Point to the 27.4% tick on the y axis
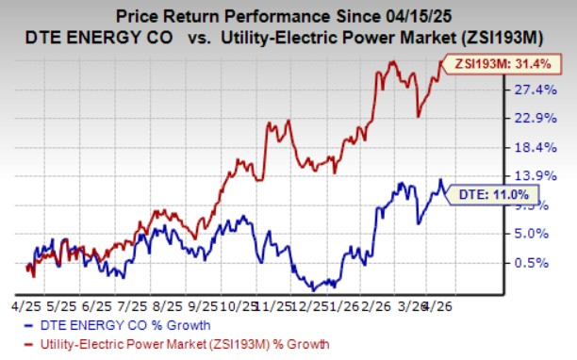coord(529,90)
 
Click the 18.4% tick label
coord(529,147)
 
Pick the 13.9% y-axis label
coord(529,176)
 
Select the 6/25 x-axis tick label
coord(98,307)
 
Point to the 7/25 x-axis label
coord(134,307)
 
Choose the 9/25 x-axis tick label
coord(205,307)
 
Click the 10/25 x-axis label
coord(241,307)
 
